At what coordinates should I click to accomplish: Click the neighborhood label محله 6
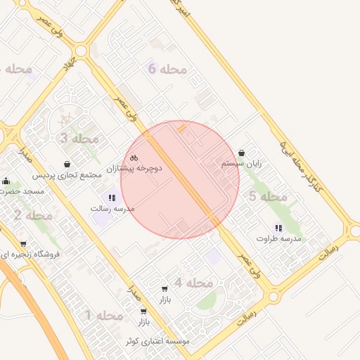(x=168, y=69)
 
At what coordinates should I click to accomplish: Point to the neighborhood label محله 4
(x=193, y=283)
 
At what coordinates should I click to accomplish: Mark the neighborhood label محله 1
(x=104, y=316)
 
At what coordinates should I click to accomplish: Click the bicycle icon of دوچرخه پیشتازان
(x=134, y=157)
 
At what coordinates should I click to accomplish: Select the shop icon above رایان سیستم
(x=242, y=153)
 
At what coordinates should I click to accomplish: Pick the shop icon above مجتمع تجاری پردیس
(x=67, y=164)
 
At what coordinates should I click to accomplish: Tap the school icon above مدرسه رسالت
(x=112, y=198)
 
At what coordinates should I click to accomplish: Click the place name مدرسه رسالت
(x=112, y=209)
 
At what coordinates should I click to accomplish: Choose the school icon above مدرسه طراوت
(x=278, y=228)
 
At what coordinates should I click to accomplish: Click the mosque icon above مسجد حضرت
(x=6, y=181)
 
